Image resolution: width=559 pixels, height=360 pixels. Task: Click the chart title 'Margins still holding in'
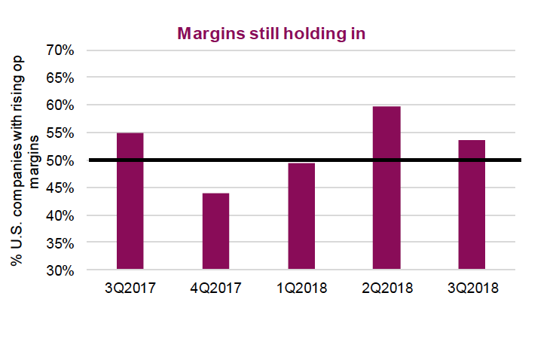[x=270, y=34]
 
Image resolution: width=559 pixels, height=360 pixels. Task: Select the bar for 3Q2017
[x=130, y=201]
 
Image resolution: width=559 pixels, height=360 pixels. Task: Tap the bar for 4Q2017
[x=215, y=231]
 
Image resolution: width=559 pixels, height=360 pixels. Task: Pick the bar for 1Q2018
[x=301, y=216]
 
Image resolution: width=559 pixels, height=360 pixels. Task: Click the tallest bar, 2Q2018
[x=386, y=188]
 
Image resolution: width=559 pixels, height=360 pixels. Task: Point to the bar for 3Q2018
[x=472, y=205]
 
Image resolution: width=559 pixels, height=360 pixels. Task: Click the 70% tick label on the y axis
[x=60, y=50]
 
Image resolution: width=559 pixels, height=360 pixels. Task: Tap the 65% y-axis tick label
[x=60, y=78]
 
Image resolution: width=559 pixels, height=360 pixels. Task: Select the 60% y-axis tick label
[x=60, y=105]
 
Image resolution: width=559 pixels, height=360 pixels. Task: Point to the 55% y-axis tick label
[x=60, y=133]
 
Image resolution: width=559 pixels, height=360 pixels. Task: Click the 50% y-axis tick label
[x=60, y=160]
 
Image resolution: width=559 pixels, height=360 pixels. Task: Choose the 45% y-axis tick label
[x=60, y=188]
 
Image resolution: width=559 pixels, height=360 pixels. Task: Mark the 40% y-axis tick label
[x=60, y=215]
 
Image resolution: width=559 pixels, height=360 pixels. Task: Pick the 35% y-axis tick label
[x=60, y=243]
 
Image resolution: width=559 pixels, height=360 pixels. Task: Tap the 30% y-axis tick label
[x=60, y=270]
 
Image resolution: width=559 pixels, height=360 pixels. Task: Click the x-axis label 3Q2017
[x=130, y=288]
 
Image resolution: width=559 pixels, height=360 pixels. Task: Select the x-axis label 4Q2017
[x=215, y=288]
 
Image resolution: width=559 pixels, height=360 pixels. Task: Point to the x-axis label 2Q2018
[x=386, y=288]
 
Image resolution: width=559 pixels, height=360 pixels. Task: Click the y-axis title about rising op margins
[x=22, y=160]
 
